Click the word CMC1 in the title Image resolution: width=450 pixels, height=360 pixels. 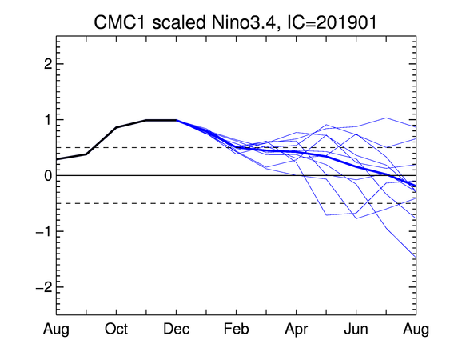(x=120, y=22)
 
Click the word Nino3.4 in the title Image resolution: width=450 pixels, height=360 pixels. (x=243, y=22)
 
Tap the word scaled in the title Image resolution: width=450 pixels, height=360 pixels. (x=179, y=22)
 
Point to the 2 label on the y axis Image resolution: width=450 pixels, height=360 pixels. (x=48, y=64)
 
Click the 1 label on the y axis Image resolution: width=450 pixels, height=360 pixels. (x=49, y=120)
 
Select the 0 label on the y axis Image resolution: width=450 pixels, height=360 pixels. (x=48, y=175)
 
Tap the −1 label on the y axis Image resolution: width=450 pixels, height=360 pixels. (x=44, y=231)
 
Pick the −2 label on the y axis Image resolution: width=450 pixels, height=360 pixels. (x=44, y=287)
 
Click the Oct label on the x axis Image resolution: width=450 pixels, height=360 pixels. (x=116, y=330)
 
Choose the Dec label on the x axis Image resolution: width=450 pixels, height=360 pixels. (x=176, y=330)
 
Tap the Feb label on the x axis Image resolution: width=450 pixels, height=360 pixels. (x=237, y=330)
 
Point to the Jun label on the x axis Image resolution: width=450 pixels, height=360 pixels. (x=356, y=330)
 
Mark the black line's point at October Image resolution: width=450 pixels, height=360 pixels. (x=116, y=127)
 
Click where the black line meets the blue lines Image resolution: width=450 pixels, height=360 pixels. (x=176, y=120)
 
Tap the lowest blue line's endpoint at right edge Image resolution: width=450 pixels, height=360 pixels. (x=416, y=258)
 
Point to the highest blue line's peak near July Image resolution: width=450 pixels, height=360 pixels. (x=386, y=118)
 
